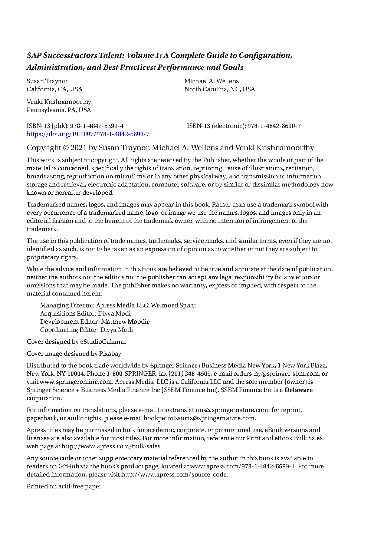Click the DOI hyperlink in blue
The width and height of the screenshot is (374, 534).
pos(88,134)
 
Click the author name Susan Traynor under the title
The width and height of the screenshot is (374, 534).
pos(47,81)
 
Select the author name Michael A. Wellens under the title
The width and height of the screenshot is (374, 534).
pos(211,81)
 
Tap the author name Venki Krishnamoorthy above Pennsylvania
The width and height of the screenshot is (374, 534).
pos(59,102)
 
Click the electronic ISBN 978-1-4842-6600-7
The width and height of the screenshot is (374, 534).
pos(274,126)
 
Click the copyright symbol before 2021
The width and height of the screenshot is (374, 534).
pos(66,148)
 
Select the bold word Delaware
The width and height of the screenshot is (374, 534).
pos(299,390)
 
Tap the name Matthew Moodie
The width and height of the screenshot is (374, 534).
pos(125,322)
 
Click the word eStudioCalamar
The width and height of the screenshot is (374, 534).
pos(103,342)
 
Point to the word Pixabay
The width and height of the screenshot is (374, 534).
pos(110,354)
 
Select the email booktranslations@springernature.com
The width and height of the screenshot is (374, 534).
pos(213,410)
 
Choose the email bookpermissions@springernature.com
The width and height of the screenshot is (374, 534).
pos(199,418)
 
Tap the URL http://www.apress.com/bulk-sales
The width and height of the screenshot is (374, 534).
pos(111,446)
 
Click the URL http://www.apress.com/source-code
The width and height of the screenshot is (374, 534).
pos(174,475)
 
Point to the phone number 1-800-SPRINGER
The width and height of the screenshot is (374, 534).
pos(131,374)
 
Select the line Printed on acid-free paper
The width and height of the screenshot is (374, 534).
pos(64,487)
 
